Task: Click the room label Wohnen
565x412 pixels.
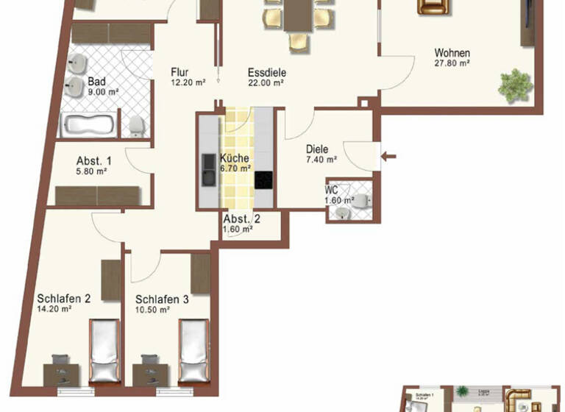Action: [452, 53]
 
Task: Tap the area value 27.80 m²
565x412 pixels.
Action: [452, 64]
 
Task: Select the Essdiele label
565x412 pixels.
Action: [266, 73]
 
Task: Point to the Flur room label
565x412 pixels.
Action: [180, 72]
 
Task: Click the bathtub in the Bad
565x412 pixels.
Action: [88, 125]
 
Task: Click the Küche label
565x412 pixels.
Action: [234, 158]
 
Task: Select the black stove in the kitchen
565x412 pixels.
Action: [264, 180]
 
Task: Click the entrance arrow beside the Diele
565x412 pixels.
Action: [390, 155]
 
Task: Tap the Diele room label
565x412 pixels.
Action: [319, 149]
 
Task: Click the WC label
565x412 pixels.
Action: [331, 189]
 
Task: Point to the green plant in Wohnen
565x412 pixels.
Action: [514, 83]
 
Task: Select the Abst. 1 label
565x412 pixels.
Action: [94, 161]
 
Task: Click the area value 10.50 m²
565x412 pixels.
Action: [153, 310]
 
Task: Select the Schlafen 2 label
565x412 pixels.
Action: [64, 299]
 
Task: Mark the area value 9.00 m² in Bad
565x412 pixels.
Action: [104, 92]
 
